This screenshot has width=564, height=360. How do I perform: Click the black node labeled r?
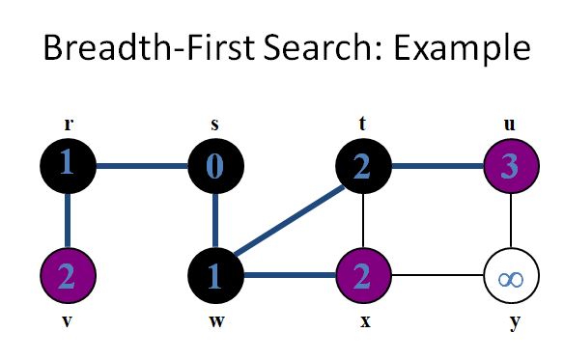pyautogui.click(x=68, y=165)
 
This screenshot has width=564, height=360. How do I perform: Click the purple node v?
pyautogui.click(x=68, y=279)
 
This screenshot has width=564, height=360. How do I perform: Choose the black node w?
pyautogui.click(x=215, y=279)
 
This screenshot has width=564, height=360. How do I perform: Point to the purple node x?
pyautogui.click(x=361, y=279)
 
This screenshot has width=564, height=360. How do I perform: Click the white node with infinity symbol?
pyautogui.click(x=509, y=279)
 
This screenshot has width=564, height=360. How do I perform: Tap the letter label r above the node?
pyautogui.click(x=68, y=125)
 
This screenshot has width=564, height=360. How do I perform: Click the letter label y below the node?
pyautogui.click(x=515, y=321)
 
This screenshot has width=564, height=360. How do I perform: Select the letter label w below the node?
pyautogui.click(x=215, y=321)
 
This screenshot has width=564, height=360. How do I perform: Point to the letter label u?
pyautogui.click(x=509, y=125)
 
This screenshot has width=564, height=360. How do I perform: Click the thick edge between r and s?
pyautogui.click(x=141, y=165)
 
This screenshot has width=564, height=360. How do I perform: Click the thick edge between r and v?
pyautogui.click(x=68, y=222)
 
